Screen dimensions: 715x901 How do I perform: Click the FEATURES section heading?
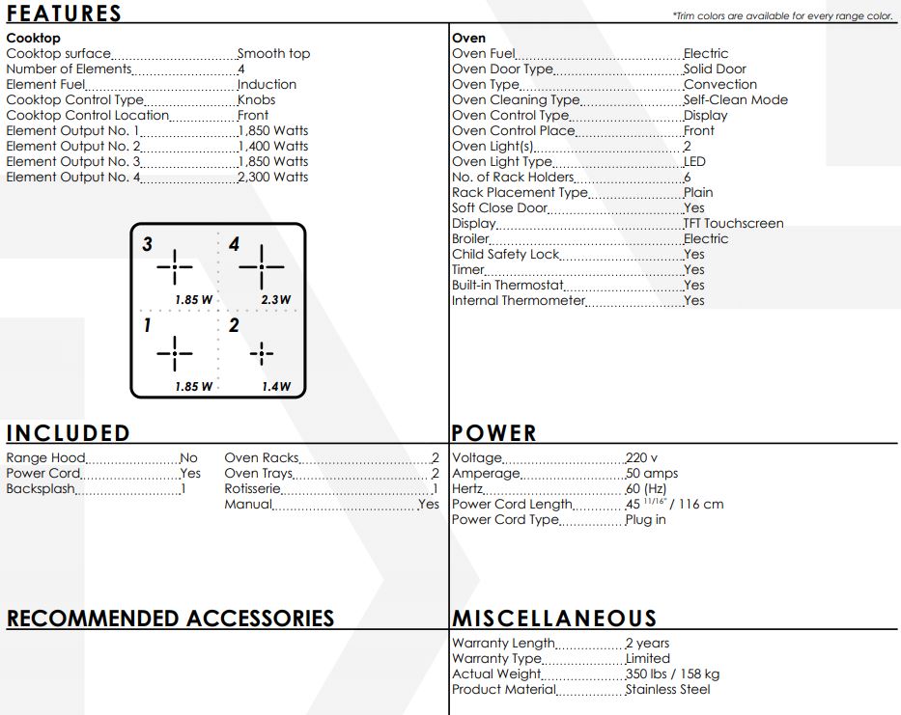click(64, 14)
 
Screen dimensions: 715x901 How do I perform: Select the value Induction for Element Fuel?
click(267, 85)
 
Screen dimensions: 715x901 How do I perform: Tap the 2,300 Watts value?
click(273, 178)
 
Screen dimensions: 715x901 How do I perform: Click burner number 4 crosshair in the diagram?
click(261, 265)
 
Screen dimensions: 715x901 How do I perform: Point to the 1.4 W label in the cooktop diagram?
click(276, 387)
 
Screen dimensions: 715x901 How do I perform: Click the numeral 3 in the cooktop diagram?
click(147, 245)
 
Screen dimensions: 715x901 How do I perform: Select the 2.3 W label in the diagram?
click(275, 300)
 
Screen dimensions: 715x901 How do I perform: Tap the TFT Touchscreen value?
click(734, 224)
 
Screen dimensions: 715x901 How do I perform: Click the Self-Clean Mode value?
click(736, 100)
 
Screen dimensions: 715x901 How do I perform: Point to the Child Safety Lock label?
click(505, 255)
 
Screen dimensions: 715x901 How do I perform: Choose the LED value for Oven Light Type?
click(694, 162)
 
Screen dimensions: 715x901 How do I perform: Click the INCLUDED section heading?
click(68, 433)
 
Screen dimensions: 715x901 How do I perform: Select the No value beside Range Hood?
click(188, 458)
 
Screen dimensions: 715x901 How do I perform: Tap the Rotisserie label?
click(252, 489)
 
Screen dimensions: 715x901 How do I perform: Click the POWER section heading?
click(493, 433)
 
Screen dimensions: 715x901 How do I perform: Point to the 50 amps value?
click(652, 474)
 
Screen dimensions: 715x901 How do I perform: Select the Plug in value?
click(646, 520)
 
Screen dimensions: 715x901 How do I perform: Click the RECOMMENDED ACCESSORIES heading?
click(170, 619)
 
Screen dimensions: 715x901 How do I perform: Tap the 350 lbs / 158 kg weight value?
click(672, 674)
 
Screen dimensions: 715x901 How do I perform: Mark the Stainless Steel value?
click(667, 690)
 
